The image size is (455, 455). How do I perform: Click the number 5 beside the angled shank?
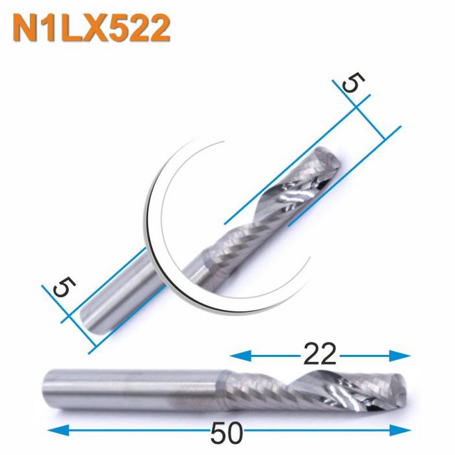[x=62, y=286]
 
